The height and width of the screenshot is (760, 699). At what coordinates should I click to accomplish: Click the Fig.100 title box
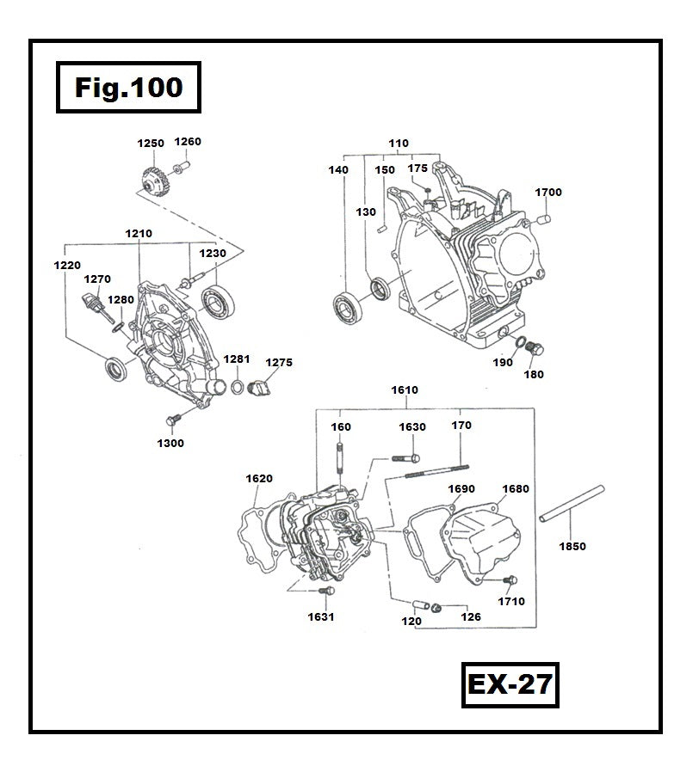point(128,88)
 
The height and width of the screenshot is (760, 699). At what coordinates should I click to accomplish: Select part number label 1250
point(151,144)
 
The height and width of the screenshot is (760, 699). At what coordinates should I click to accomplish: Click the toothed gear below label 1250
point(152,183)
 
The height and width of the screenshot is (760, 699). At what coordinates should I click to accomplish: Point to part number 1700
point(547,193)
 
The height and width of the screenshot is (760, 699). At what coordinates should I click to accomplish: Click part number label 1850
point(572,546)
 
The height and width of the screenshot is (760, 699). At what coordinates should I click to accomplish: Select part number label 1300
point(170,443)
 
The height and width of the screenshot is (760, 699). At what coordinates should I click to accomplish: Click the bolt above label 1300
point(170,419)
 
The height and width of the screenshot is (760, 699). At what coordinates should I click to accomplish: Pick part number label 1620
point(258,479)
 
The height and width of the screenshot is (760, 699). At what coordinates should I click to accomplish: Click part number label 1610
point(405,390)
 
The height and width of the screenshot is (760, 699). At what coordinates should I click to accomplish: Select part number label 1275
point(278,363)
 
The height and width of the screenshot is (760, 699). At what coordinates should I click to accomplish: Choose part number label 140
point(338,170)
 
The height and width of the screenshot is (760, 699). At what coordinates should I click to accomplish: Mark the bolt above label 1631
point(325,592)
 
